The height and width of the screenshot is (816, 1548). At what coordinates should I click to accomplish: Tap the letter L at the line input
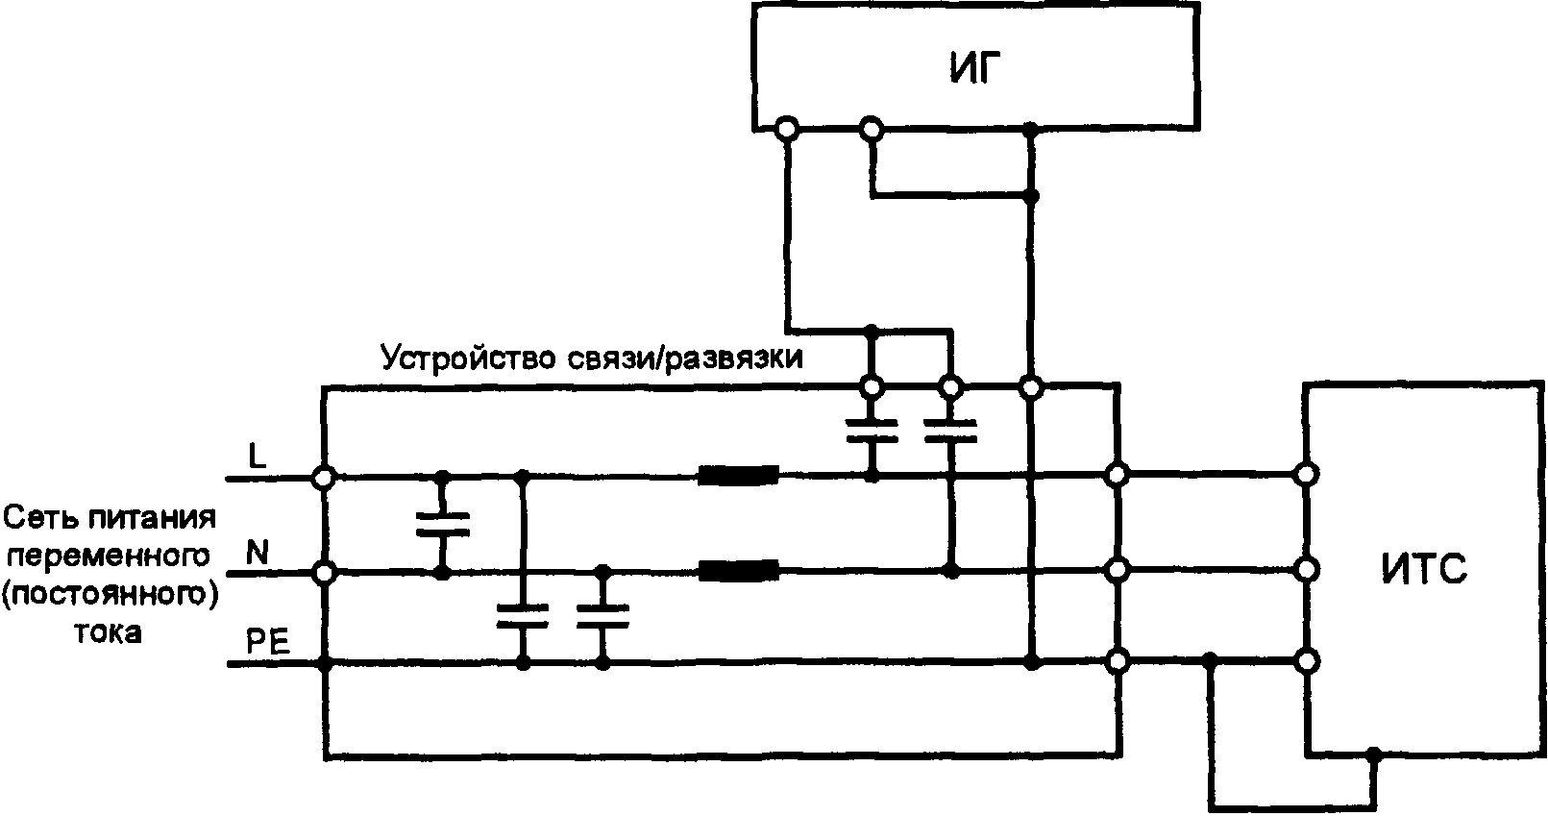[x=258, y=457]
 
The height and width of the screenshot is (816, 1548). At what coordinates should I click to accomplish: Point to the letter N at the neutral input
[x=258, y=553]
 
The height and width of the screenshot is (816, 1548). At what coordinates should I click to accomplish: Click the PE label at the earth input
[x=268, y=642]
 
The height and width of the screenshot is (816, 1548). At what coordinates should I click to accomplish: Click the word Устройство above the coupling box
[x=467, y=358]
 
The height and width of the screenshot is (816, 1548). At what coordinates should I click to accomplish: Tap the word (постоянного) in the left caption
[x=110, y=594]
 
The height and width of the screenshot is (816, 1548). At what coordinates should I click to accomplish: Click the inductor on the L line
[x=738, y=475]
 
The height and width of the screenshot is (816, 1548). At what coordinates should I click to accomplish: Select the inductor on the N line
[x=738, y=572]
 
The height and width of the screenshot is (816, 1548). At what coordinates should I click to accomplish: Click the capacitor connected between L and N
[x=443, y=524]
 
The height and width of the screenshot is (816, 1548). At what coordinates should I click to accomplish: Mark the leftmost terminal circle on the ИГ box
[x=787, y=128]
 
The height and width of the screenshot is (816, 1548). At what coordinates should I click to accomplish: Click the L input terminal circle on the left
[x=325, y=476]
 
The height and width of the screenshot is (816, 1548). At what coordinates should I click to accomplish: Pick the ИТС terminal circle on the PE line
[x=1305, y=661]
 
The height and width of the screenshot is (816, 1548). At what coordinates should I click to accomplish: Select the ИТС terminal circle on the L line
[x=1305, y=474]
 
